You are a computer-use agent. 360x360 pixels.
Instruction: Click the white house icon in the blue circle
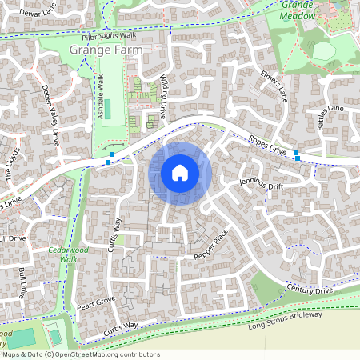click(x=180, y=172)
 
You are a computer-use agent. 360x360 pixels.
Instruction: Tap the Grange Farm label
click(x=106, y=50)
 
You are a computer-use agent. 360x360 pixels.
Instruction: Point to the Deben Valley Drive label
click(x=50, y=114)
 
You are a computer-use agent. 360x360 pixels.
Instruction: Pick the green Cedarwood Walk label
click(x=62, y=254)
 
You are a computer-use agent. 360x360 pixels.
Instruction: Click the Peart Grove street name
click(x=97, y=302)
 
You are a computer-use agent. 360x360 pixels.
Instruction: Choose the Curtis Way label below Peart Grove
click(x=119, y=327)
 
